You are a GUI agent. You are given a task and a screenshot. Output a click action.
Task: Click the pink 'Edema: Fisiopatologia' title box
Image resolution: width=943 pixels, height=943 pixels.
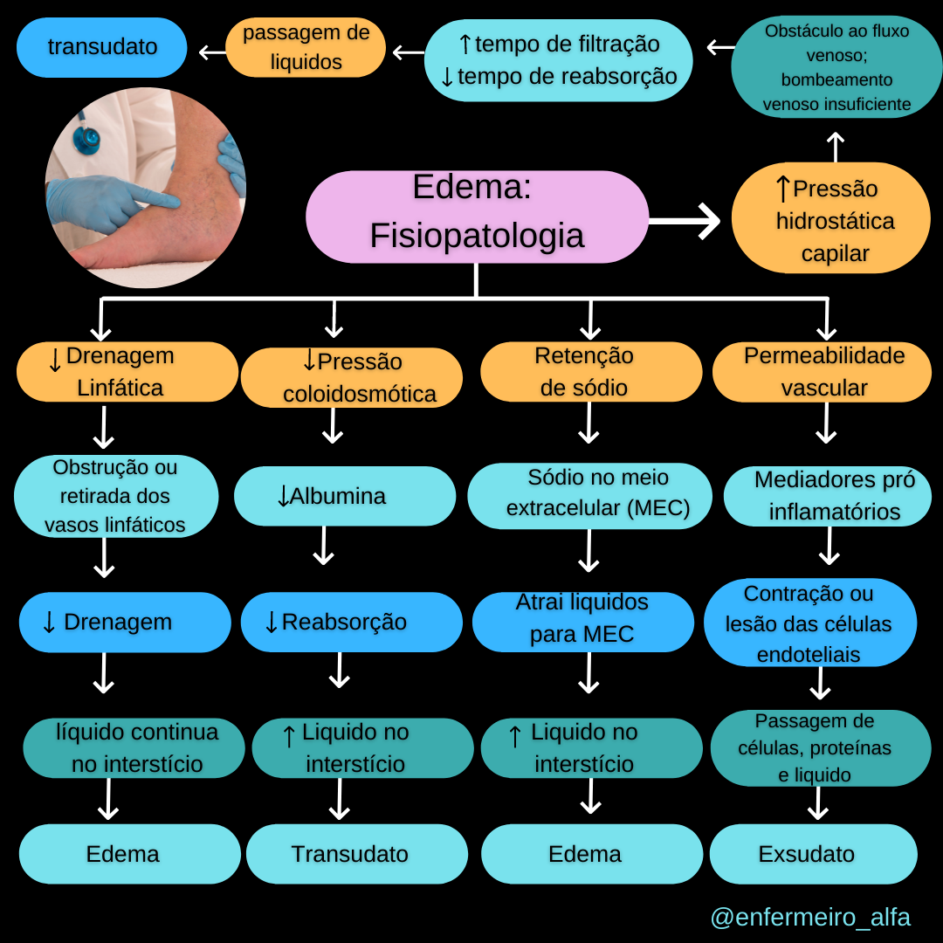coord(477,217)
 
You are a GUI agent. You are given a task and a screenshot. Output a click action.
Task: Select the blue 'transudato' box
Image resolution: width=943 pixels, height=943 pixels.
coord(101,46)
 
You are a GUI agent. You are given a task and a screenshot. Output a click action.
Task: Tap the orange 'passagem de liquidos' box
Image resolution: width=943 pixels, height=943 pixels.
coord(306,47)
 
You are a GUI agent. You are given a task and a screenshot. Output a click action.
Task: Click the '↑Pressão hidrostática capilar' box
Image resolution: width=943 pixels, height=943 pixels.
coord(830,218)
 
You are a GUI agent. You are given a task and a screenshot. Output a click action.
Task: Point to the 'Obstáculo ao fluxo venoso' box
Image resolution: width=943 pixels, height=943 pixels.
coord(836,68)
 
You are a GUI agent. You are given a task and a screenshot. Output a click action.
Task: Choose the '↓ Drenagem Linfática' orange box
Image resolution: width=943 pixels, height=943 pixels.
coord(127,371)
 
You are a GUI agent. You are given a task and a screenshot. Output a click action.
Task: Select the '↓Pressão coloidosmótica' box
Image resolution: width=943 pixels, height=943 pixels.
coord(351,377)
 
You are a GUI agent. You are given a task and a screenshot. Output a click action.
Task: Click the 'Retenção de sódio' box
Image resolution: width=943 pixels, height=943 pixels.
coord(591,371)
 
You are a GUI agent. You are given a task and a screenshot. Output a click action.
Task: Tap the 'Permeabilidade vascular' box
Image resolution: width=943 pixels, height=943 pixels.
coord(823,371)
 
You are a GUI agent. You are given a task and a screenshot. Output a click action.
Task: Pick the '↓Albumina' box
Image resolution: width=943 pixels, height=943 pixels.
coord(345,496)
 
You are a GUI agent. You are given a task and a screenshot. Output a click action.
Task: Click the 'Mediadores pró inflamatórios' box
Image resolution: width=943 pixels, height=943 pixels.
coord(828,496)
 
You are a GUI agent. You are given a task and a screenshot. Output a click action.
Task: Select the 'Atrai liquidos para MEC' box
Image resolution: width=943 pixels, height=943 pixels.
coord(582,619)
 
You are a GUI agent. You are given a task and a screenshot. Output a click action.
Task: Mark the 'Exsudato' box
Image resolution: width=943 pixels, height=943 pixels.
coord(813,854)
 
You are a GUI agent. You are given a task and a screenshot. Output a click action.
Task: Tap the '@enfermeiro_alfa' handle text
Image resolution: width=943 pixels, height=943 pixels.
coord(810,918)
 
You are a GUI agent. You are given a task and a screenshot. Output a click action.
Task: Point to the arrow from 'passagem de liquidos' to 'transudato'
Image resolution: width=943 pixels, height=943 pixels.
coord(212,52)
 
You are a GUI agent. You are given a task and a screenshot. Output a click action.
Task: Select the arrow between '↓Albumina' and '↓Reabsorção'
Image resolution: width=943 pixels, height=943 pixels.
coord(324,546)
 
